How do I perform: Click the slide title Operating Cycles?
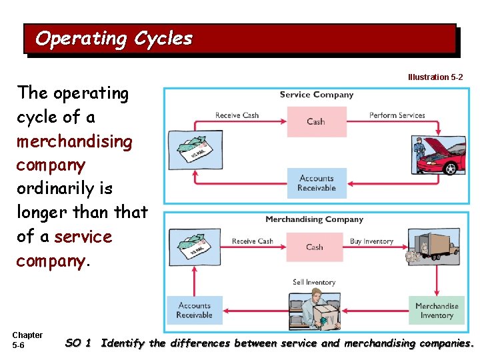tap(114, 39)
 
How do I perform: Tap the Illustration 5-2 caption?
tap(435, 77)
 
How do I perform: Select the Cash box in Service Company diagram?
tap(316, 121)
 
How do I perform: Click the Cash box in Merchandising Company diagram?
tap(315, 247)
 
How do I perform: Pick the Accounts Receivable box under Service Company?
tap(317, 183)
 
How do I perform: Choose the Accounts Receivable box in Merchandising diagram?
tap(195, 310)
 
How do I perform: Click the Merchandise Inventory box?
tap(437, 311)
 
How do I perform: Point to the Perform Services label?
tap(397, 115)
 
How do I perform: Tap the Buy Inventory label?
tap(371, 241)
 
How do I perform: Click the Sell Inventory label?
tap(314, 283)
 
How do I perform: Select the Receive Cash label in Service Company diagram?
tap(237, 115)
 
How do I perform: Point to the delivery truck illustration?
tap(433, 249)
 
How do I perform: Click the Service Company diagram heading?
tap(316, 95)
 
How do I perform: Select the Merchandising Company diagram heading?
tap(314, 219)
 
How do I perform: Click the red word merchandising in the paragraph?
tap(75, 141)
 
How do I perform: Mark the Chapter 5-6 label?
tap(27, 340)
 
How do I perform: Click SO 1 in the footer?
tap(78, 343)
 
